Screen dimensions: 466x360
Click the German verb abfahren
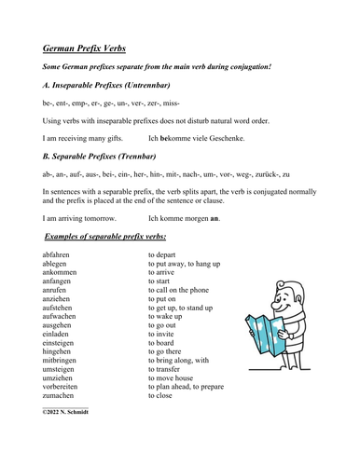pyautogui.click(x=61, y=254)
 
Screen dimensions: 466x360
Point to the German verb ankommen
pyautogui.click(x=62, y=273)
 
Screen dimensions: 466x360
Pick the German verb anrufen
pyautogui.click(x=59, y=293)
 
